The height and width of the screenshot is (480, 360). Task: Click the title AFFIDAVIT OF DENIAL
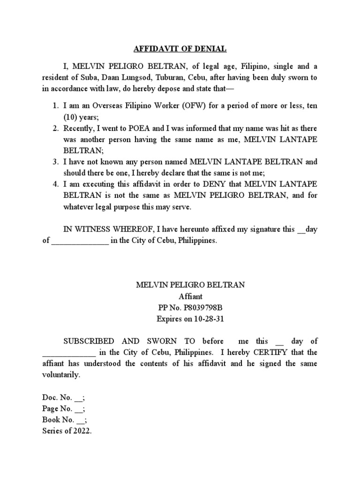click(180, 48)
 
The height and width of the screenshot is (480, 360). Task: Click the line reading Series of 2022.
click(67, 431)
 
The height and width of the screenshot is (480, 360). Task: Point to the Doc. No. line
click(63, 397)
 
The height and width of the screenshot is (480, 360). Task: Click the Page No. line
click(64, 409)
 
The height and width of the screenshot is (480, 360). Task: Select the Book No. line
click(65, 420)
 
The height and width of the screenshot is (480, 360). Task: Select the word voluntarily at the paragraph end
click(61, 375)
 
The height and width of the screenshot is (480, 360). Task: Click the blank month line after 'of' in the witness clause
click(80, 241)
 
